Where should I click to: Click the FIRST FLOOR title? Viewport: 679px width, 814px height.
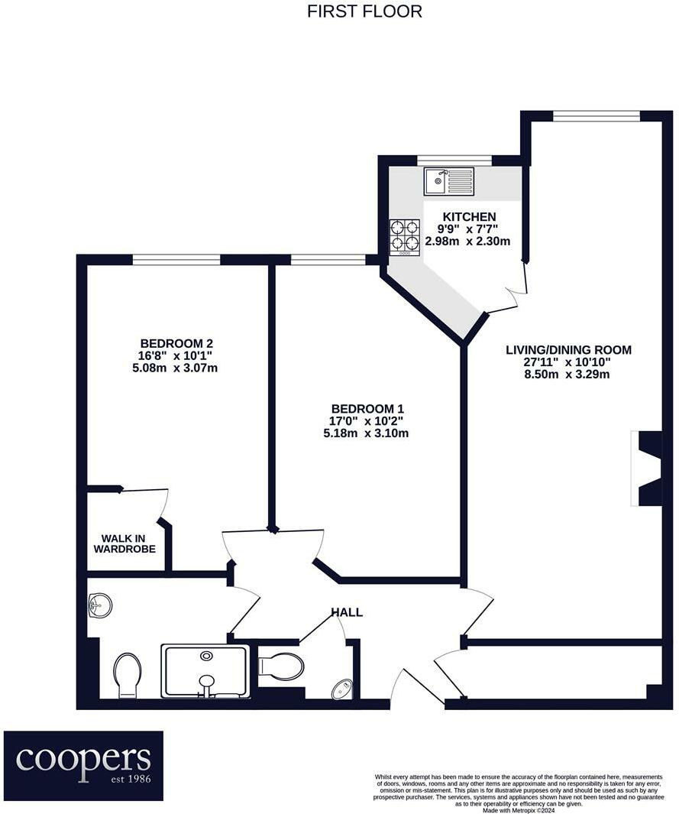click(x=364, y=11)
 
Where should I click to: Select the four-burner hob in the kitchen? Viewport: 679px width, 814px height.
click(x=405, y=236)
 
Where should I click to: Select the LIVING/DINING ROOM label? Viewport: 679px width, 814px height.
click(x=568, y=350)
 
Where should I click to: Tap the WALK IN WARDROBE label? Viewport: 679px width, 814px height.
click(x=124, y=543)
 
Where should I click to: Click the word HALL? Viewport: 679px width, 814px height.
click(x=347, y=612)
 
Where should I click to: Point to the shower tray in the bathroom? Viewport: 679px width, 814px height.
click(x=205, y=671)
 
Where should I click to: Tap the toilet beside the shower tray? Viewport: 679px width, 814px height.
click(x=127, y=674)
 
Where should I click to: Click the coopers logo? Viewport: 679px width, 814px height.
click(x=83, y=765)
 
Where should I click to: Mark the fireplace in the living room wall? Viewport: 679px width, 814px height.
click(x=648, y=468)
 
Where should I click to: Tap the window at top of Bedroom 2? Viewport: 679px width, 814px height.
click(x=176, y=260)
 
